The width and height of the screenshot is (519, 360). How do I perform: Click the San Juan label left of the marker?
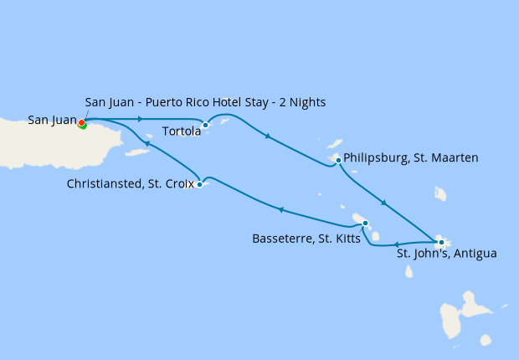(x=51, y=121)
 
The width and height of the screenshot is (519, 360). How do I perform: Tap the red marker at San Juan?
(x=81, y=123)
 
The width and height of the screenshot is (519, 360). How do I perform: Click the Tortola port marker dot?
(x=205, y=126)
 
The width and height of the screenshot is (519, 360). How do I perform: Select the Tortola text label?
(x=180, y=131)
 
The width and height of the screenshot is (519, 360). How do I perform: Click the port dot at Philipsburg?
(x=338, y=160)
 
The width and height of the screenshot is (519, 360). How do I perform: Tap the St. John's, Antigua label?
(x=447, y=255)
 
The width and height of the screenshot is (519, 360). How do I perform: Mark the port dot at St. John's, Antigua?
(x=441, y=243)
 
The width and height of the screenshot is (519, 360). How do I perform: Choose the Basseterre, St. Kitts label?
(x=306, y=239)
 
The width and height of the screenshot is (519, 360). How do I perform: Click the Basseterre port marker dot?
(x=365, y=223)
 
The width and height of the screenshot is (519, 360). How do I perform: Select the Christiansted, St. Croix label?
(x=131, y=183)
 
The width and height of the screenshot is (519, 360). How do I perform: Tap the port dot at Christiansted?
(x=199, y=184)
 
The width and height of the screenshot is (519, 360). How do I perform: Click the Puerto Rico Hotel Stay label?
(x=205, y=102)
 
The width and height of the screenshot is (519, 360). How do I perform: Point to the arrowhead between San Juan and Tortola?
(x=139, y=119)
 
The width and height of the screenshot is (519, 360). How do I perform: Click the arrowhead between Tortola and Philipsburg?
(x=266, y=137)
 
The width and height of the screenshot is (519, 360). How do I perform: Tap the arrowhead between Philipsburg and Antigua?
(x=383, y=203)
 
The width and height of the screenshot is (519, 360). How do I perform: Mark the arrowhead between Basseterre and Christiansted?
(x=281, y=210)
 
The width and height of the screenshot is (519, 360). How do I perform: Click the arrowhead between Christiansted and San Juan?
(x=147, y=145)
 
